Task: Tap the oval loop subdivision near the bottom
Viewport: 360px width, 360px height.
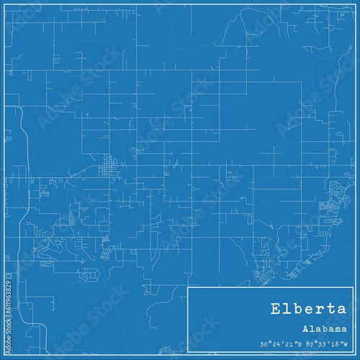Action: click(91, 274)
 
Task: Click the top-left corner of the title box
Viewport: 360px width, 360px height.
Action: click(188, 287)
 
